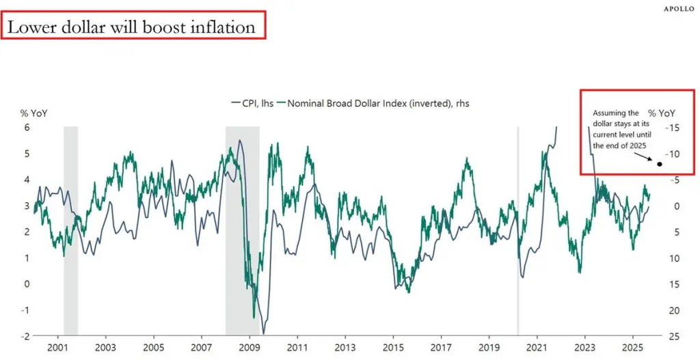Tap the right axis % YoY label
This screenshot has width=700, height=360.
point(662,112)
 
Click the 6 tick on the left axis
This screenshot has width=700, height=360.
point(27,128)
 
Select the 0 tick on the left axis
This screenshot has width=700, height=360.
point(27,284)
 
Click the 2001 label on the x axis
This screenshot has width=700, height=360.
point(57,348)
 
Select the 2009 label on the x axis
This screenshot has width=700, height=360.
point(249,348)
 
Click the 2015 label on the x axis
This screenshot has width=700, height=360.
point(393,348)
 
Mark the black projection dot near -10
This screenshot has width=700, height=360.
point(660,164)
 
